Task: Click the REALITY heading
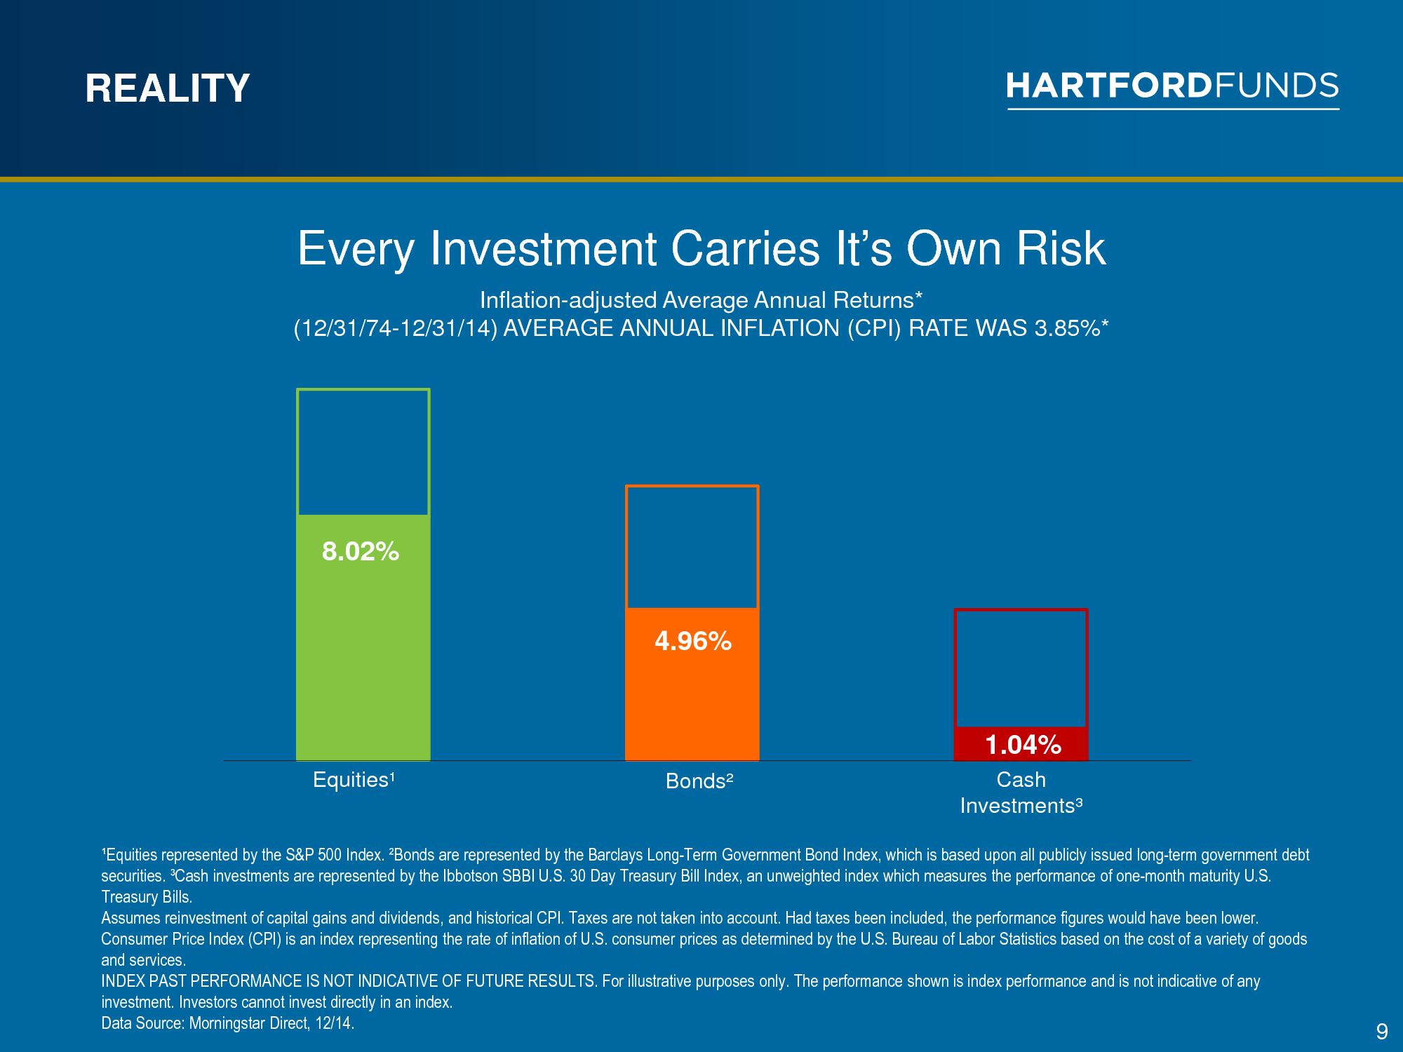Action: click(x=168, y=88)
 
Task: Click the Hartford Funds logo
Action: click(x=1173, y=89)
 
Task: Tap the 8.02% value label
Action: click(x=361, y=551)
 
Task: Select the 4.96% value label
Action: click(x=693, y=641)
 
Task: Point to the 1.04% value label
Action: click(x=1023, y=745)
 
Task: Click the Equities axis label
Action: click(x=354, y=780)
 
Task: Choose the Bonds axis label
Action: click(x=699, y=781)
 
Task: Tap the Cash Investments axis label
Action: click(x=1021, y=793)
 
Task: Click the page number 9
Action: click(x=1382, y=1032)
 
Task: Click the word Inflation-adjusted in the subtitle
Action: click(x=568, y=300)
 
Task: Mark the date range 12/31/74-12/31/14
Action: click(x=396, y=328)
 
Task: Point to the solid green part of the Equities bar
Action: click(x=363, y=638)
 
